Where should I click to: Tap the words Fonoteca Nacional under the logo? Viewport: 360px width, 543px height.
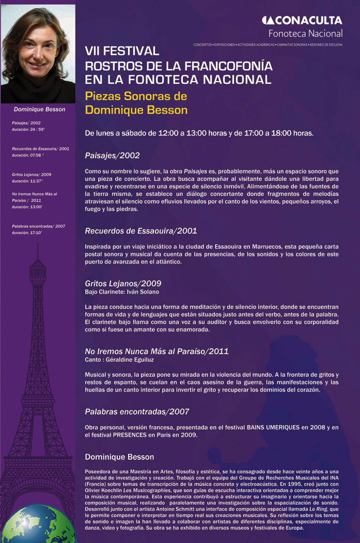305,34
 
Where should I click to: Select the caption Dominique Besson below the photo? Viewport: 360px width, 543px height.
40,109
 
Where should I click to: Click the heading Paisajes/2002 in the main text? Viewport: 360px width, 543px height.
112,155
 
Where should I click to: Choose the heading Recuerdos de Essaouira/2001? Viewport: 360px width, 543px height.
140,230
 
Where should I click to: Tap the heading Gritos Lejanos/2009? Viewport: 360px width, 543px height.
123,283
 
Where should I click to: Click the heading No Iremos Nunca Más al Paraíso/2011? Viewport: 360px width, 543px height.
156,351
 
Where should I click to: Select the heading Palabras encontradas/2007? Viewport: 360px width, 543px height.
137,412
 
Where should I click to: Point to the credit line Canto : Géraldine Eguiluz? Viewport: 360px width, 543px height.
120,359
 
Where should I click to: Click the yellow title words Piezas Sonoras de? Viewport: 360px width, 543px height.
136,97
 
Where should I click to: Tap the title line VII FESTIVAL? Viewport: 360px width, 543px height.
122,52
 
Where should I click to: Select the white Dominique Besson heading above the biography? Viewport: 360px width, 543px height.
119,457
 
